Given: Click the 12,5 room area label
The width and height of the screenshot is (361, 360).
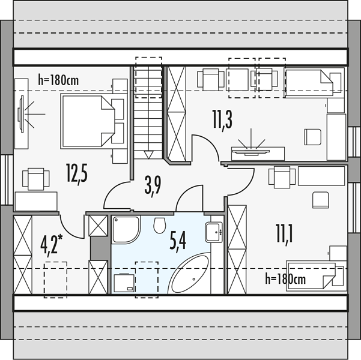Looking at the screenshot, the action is point(77,173).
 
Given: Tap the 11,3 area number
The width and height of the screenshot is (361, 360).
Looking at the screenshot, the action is point(222,121).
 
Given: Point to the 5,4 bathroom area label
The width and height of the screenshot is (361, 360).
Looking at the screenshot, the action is point(178,242).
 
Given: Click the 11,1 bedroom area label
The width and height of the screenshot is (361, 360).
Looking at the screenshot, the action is point(284,235).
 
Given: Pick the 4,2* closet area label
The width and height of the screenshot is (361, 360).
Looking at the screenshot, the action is point(51,245).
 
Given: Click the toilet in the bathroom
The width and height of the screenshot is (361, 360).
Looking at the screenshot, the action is point(160,226).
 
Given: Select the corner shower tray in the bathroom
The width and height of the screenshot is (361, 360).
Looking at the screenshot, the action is point(126,230).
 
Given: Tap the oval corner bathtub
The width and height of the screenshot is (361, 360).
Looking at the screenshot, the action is point(189,273).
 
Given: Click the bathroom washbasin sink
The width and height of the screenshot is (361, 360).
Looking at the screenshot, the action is point(214,232).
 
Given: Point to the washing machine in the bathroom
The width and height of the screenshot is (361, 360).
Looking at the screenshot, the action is point(124,283).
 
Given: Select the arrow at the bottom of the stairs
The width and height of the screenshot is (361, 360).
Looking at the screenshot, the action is point(148,155).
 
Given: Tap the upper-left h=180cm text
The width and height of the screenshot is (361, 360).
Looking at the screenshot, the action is point(58,80).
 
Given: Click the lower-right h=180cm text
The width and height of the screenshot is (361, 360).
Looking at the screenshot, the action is point(285,279).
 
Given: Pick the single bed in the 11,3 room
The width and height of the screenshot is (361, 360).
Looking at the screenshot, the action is point(314,83).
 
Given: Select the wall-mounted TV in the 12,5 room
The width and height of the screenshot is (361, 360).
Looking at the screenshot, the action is point(22,114).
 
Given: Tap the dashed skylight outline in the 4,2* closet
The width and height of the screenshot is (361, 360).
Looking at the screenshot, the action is point(55,280).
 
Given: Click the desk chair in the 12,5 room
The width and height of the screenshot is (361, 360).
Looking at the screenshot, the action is point(35,179).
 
